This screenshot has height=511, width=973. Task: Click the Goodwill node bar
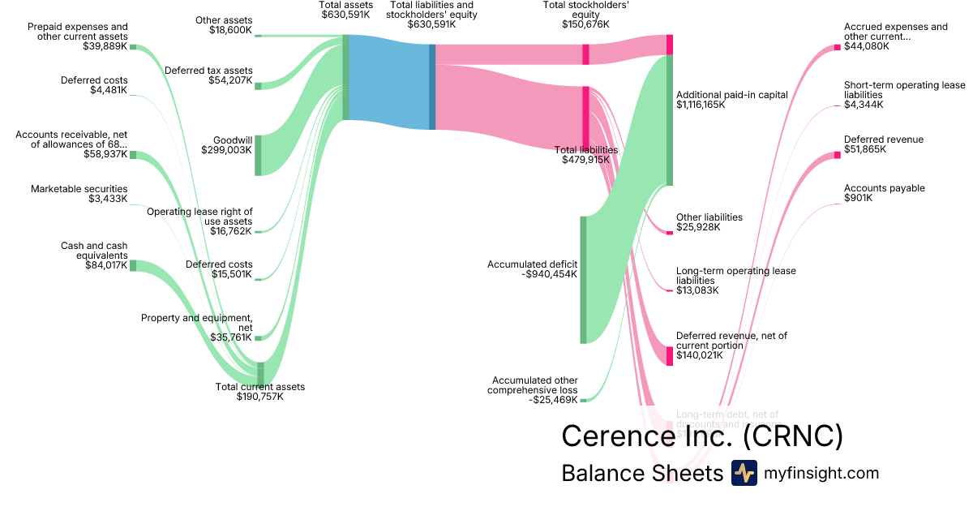(x=258, y=155)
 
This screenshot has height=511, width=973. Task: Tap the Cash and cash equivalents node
(x=133, y=265)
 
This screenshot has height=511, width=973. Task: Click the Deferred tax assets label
(x=208, y=71)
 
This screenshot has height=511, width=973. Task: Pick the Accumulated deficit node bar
(x=582, y=280)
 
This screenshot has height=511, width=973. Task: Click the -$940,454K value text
(x=549, y=274)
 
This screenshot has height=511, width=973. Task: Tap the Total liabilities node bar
(x=585, y=117)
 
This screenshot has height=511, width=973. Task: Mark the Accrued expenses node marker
(x=838, y=47)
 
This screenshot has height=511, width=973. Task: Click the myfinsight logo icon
(x=744, y=473)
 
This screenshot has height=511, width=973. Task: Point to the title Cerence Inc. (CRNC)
(x=702, y=436)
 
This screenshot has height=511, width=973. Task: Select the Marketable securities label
(x=79, y=189)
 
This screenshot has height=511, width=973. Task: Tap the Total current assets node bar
(x=260, y=373)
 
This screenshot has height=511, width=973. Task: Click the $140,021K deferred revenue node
(x=670, y=355)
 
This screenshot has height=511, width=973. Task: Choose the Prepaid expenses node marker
(x=133, y=48)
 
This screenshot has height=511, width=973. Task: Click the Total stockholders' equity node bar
(x=585, y=54)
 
